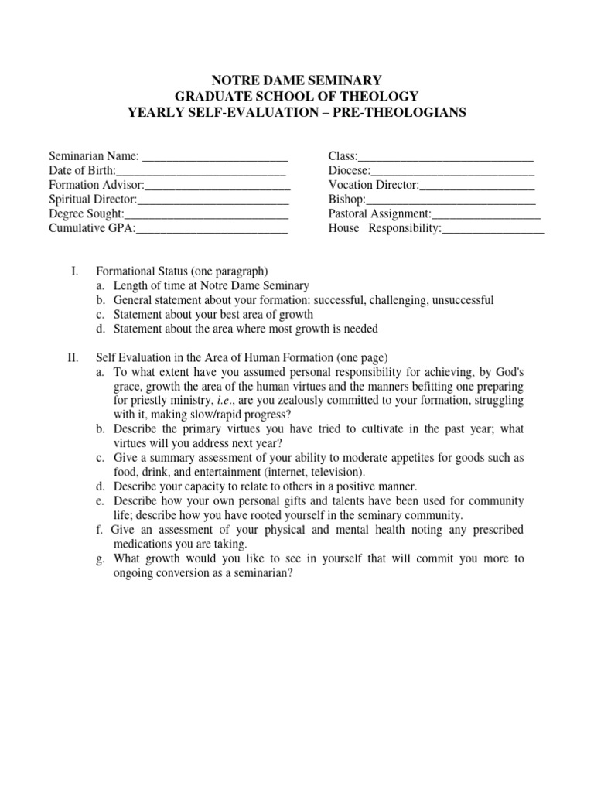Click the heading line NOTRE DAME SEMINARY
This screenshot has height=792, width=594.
[x=297, y=80]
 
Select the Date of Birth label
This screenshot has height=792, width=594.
[x=82, y=171]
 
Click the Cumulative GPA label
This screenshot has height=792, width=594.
[x=91, y=228]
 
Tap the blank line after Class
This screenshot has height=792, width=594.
[x=445, y=158]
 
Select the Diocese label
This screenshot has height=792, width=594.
[x=349, y=171]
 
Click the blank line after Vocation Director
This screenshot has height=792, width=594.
[x=477, y=186]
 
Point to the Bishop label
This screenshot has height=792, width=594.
[x=346, y=200]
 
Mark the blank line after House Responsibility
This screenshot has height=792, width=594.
[x=493, y=228]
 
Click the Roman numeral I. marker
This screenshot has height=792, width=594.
[x=74, y=271]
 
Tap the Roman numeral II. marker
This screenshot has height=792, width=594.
[x=73, y=357]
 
